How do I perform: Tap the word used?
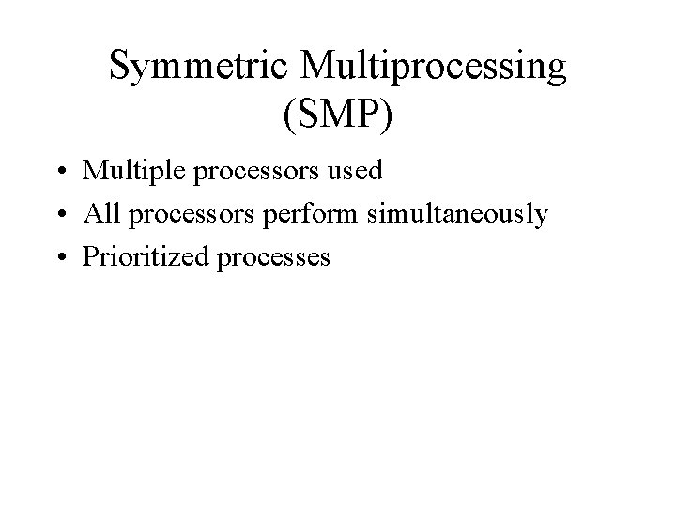(x=359, y=171)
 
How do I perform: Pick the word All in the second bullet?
(x=101, y=213)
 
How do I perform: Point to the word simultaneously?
(x=457, y=215)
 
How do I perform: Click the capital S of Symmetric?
(x=120, y=66)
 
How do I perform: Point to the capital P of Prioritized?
(x=91, y=255)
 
